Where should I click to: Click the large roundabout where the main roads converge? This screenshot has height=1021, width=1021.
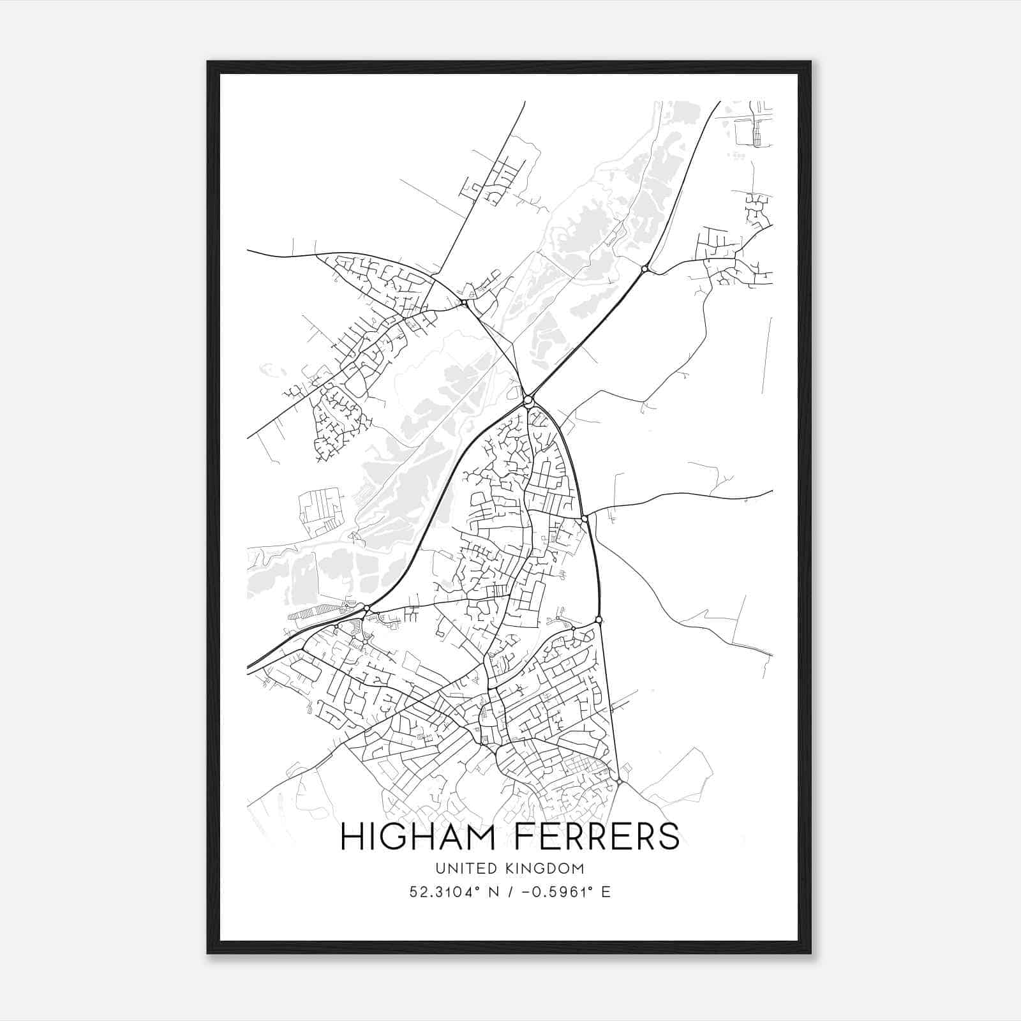(528, 401)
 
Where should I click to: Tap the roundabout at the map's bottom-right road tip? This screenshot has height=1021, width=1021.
(619, 781)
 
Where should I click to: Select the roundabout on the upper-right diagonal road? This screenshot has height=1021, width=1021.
(645, 269)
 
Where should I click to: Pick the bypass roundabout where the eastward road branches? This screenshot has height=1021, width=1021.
(585, 518)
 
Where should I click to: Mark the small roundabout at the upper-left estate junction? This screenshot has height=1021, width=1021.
(464, 302)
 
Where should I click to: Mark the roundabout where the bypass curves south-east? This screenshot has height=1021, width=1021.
(599, 620)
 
